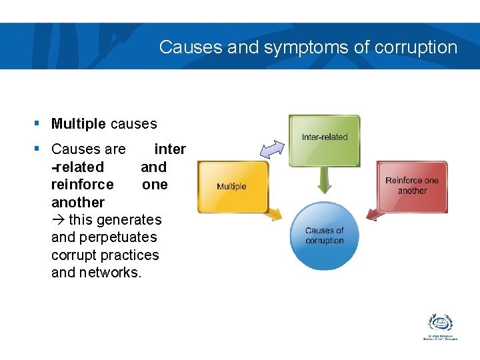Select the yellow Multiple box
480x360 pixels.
point(232,186)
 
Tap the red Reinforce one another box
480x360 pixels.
point(412,186)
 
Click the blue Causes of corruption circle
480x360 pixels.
point(324,235)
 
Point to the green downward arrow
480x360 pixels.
point(325,180)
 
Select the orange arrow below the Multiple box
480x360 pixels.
point(273,213)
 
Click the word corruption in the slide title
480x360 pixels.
point(416,47)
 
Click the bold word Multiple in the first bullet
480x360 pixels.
point(79,124)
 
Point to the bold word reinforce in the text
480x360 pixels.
point(82,185)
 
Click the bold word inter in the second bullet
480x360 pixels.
point(170,149)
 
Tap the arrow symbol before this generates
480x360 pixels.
point(58,220)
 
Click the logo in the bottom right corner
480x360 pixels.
point(441,327)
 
